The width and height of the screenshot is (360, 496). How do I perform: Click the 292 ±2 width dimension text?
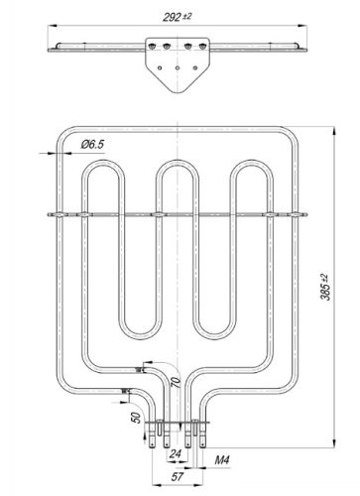coord(179,14)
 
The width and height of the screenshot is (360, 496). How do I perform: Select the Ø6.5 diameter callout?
coord(92,145)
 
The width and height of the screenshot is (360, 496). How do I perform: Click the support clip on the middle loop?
coord(159,213)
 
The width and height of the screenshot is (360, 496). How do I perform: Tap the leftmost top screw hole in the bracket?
coord(151,44)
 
